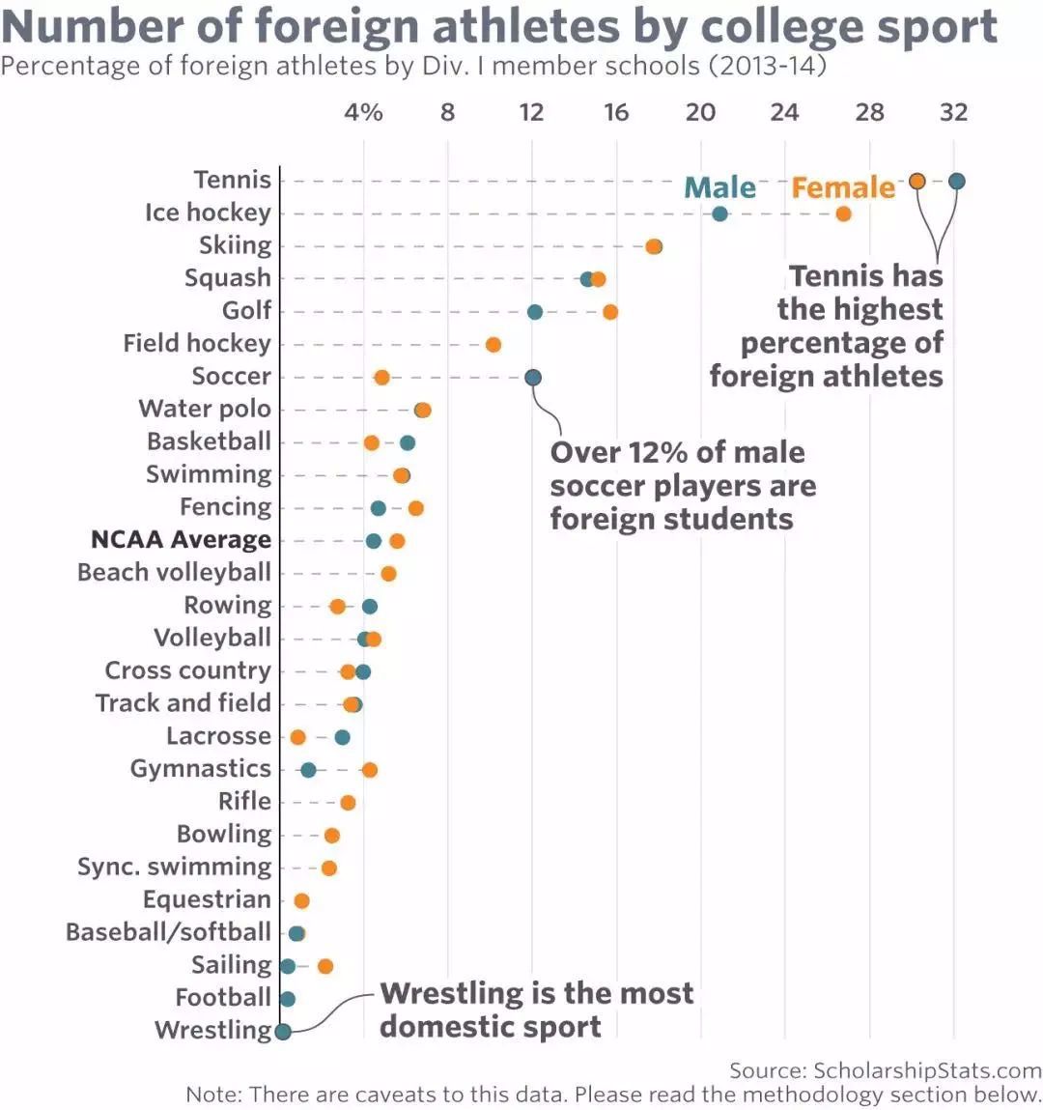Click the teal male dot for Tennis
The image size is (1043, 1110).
pos(956,181)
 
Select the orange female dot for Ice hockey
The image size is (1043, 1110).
pos(843,213)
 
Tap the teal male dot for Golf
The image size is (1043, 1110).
pos(535,312)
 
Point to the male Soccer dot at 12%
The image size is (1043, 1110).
pos(533,377)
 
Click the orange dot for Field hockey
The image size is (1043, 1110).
pos(493,345)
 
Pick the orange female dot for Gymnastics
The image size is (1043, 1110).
pos(370,770)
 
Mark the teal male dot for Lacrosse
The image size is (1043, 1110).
pos(342,737)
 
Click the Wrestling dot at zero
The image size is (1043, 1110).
pos(283,1031)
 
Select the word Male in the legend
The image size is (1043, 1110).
pos(719,187)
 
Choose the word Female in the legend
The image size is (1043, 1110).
pos(843,187)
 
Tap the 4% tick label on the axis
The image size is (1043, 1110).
pos(363,112)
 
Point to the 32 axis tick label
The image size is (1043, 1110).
pos(953,112)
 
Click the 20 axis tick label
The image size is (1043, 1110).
pos(700,112)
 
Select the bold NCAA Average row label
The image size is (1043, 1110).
pos(181,540)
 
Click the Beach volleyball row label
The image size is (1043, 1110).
pos(174,572)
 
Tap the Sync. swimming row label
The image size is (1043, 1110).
pos(174,867)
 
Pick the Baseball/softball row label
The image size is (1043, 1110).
pos(168,932)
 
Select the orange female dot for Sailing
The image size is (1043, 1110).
pos(325,966)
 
